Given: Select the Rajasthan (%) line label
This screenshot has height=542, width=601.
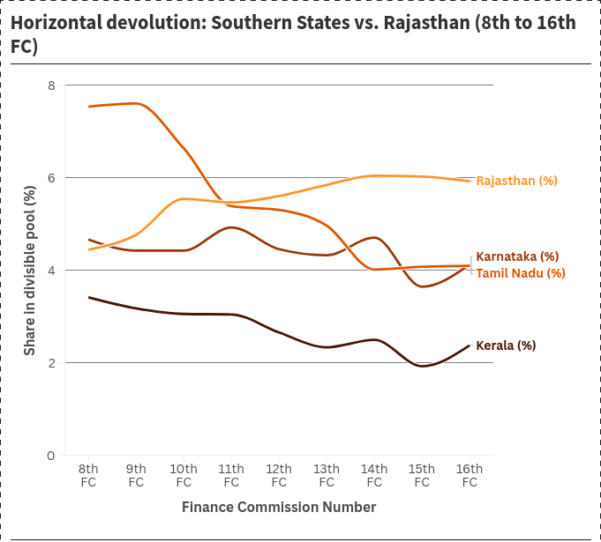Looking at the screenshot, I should [x=516, y=181].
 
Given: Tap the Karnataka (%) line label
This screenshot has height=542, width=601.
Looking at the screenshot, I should [x=517, y=256].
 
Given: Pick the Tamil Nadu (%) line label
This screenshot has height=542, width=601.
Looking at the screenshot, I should [x=521, y=273].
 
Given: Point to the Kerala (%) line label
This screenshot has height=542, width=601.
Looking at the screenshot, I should [x=506, y=345].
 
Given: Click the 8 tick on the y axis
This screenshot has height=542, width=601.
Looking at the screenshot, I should [x=51, y=85].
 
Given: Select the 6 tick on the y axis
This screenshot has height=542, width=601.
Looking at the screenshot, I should [x=51, y=178].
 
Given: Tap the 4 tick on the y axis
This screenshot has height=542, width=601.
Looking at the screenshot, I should [x=51, y=271].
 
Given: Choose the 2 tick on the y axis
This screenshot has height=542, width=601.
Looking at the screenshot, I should [x=51, y=363].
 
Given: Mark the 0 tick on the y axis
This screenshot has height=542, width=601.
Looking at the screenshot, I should [x=51, y=456].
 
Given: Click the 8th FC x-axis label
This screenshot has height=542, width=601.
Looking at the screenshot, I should [x=88, y=475].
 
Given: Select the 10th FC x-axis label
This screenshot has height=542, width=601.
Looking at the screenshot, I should [x=184, y=475].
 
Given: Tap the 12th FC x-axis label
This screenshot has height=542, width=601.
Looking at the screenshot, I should [x=279, y=475].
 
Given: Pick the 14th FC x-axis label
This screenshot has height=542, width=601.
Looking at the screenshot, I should [x=374, y=475].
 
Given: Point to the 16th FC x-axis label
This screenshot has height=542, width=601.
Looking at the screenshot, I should [x=470, y=475].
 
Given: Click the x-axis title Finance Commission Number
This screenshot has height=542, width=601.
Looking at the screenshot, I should [x=279, y=508].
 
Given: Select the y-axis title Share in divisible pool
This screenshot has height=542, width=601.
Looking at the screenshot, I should [x=30, y=271].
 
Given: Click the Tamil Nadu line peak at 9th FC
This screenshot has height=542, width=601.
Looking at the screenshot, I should [x=136, y=103].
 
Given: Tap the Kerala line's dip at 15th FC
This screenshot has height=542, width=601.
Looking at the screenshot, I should [x=422, y=366].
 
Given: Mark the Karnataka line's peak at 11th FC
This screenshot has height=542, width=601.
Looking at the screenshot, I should [x=231, y=227].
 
